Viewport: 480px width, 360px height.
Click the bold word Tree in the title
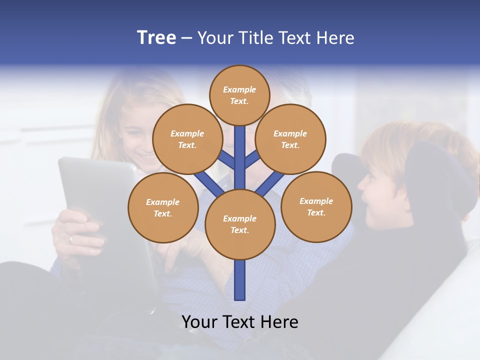(x=156, y=38)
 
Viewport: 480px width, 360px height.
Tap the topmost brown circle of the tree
(x=239, y=95)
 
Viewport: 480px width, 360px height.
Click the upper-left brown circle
(x=187, y=139)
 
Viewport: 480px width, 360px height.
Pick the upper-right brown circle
(x=290, y=139)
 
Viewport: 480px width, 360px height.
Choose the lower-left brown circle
(x=163, y=207)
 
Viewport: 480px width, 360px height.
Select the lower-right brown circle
(x=316, y=206)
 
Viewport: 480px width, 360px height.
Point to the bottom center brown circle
(x=240, y=224)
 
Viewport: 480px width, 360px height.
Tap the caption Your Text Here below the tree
(x=240, y=322)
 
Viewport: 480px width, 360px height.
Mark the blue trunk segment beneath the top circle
(x=240, y=150)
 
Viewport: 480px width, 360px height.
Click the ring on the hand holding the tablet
(x=70, y=239)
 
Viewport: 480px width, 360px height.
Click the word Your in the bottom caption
(x=199, y=322)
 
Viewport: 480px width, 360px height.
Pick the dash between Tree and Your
(x=186, y=38)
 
